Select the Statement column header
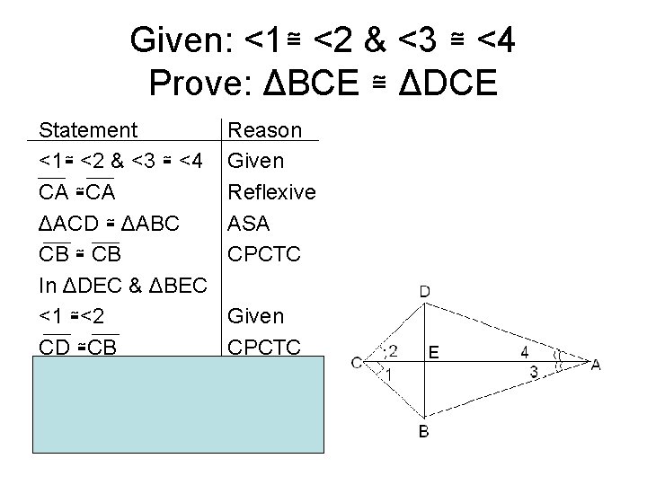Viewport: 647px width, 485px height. pyautogui.click(x=88, y=130)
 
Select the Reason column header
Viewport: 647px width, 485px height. pyautogui.click(x=265, y=130)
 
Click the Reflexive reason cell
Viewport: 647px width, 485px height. pyautogui.click(x=271, y=192)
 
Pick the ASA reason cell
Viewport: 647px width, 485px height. pyautogui.click(x=250, y=223)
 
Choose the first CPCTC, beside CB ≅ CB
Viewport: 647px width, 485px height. pyautogui.click(x=262, y=254)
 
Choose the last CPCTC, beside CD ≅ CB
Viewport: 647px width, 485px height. pyautogui.click(x=262, y=347)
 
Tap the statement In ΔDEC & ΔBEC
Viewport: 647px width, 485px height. pyautogui.click(x=124, y=286)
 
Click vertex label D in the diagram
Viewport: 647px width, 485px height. pyautogui.click(x=425, y=291)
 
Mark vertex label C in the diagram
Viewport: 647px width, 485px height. pyautogui.click(x=357, y=363)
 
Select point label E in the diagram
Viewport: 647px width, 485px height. pyautogui.click(x=434, y=354)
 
